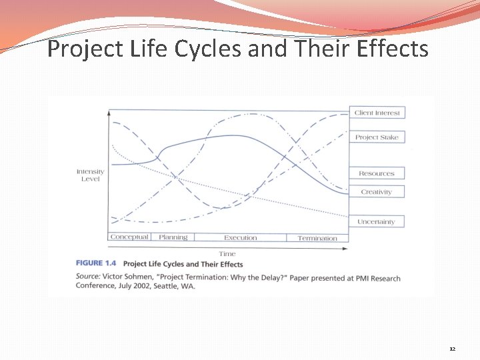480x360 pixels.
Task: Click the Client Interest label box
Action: point(377,113)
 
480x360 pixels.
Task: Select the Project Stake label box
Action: point(377,137)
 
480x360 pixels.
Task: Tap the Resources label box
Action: point(377,173)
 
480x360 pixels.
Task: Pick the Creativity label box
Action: point(377,192)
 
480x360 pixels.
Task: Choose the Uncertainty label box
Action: point(377,221)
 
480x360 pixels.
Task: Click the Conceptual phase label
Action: point(129,237)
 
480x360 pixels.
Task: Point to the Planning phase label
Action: point(173,237)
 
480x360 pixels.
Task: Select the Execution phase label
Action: point(240,238)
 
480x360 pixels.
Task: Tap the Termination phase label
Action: point(317,238)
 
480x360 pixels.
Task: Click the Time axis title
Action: point(227,254)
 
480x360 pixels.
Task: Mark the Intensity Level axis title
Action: point(90,175)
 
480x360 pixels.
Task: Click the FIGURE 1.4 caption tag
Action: point(96,265)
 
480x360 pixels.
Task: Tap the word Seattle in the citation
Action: point(175,287)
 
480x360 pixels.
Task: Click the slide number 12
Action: point(452,349)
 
